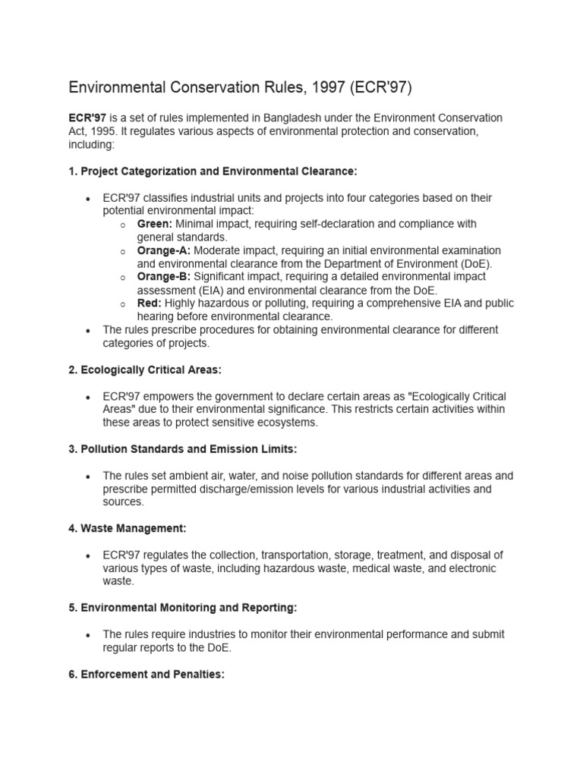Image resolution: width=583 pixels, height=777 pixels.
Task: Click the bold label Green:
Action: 155,224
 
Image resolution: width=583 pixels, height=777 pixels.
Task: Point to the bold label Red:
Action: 150,304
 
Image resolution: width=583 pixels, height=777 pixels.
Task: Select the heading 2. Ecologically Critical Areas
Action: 145,370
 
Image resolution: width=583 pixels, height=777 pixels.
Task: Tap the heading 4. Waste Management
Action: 128,528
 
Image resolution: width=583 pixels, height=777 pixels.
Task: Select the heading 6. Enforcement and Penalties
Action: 147,674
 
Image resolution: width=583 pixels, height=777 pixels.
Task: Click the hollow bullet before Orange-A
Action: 122,251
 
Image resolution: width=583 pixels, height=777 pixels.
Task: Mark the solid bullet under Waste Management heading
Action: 89,555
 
